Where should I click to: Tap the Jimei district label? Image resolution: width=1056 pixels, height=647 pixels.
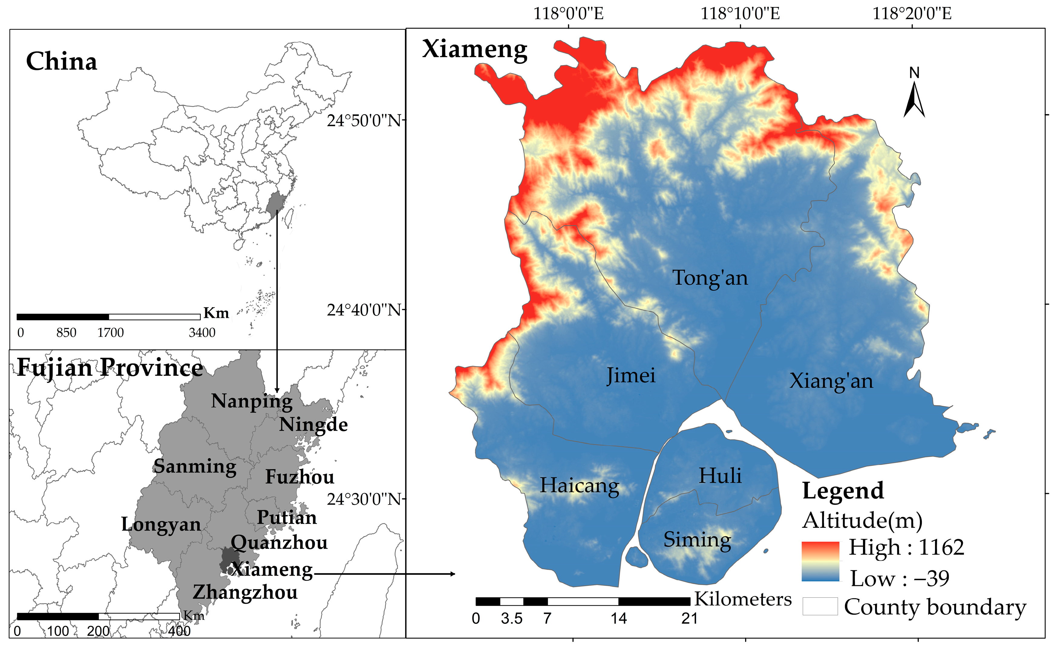coord(631,376)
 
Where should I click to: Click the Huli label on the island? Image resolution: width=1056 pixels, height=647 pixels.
coord(720,475)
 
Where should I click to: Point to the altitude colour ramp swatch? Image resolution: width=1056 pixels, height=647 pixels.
coord(820,561)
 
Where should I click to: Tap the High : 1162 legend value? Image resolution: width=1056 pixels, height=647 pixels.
coord(907,547)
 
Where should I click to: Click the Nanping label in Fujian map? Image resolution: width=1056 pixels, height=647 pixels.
coord(252,401)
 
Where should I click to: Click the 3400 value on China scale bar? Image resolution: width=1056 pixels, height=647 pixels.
coord(202,332)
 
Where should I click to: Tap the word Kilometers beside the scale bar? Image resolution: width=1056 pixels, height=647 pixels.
coord(743,599)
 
